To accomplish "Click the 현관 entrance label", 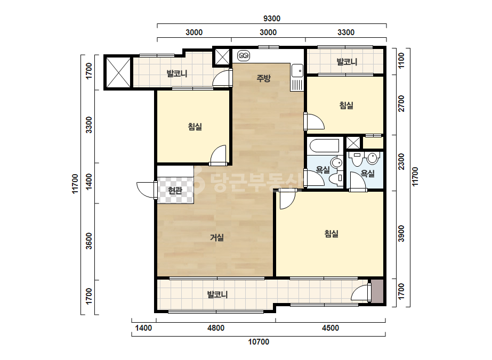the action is (175, 190).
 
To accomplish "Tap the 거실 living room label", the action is (217, 238).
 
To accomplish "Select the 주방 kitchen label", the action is (263, 78).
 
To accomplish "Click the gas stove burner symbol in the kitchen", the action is (244, 56).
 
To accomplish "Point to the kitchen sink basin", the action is (297, 70).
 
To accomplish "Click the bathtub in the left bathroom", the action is (324, 146).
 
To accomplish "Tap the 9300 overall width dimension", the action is (272, 19).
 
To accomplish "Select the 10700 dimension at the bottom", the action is (259, 341).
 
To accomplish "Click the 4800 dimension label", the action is (216, 328).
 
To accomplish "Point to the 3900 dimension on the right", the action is (401, 233).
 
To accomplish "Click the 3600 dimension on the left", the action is (89, 241).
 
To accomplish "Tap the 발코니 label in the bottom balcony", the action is (217, 294).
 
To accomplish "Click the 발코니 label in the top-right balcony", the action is (347, 62).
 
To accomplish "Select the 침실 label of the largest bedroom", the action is (332, 234).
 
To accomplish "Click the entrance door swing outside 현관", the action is (146, 190).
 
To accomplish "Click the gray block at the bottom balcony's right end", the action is (377, 291).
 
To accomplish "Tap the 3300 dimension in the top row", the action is (346, 32).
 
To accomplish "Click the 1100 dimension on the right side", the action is (401, 61).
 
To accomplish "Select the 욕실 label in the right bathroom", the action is (367, 174).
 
